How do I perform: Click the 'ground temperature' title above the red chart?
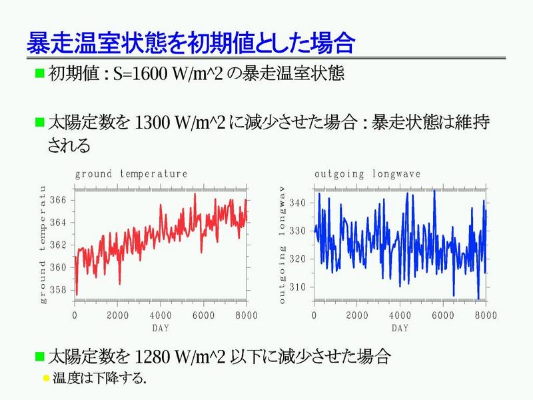131,174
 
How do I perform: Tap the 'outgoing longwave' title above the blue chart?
368,174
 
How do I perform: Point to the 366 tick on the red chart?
59,200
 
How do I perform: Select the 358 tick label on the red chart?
59,290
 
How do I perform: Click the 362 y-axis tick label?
59,245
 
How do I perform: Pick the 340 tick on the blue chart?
296,202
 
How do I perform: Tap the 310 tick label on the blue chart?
296,287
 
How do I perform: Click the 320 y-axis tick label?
296,259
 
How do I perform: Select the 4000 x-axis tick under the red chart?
161,315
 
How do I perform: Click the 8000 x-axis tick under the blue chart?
485,315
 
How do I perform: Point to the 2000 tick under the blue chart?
357,315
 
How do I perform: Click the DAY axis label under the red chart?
161,328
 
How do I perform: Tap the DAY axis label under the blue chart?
400,328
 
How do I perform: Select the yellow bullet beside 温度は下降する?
46,378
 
